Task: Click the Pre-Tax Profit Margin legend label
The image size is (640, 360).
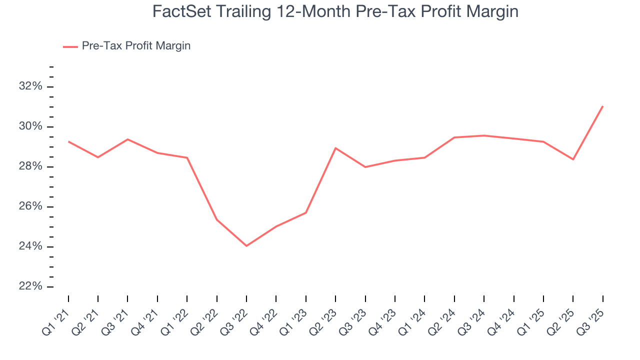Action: (x=136, y=46)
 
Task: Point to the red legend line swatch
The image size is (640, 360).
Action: (x=70, y=46)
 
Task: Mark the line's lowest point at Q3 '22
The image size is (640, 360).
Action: (x=246, y=246)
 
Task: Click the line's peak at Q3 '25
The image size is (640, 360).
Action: (x=603, y=106)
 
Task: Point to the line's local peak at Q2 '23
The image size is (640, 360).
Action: (x=335, y=148)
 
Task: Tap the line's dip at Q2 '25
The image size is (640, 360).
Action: (x=573, y=159)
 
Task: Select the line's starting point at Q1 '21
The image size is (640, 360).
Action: (x=68, y=141)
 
